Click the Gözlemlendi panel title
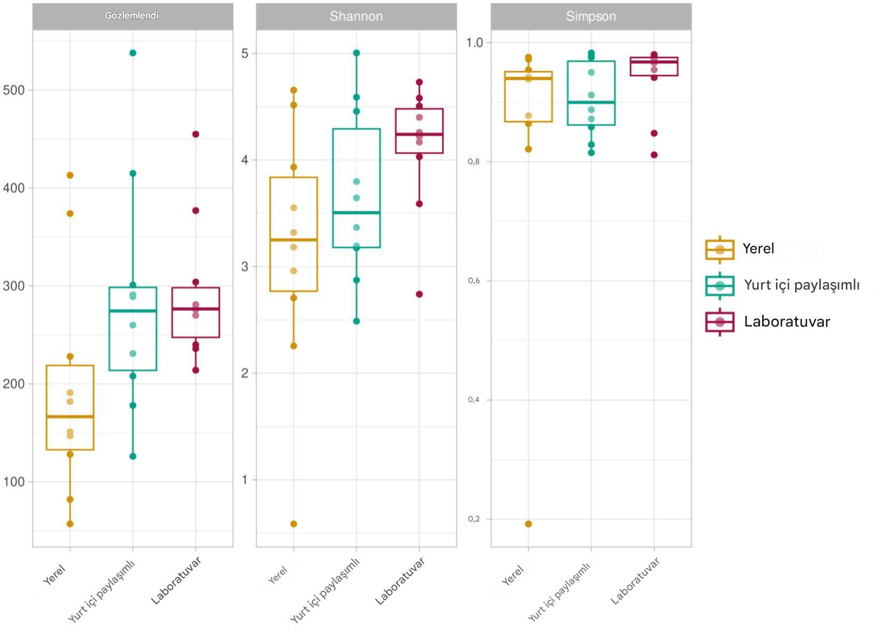(132, 15)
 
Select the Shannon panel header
(356, 16)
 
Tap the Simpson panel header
(591, 16)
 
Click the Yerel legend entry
(758, 249)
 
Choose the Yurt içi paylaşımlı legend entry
(801, 285)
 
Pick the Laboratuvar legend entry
(787, 322)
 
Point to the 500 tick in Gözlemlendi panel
(14, 90)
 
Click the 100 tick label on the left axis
(14, 482)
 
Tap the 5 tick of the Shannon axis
(245, 53)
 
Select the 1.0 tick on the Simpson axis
(474, 43)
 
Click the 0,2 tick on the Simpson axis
(473, 519)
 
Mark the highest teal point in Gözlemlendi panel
(133, 53)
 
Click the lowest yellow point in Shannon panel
(294, 524)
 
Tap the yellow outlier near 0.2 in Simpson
(528, 524)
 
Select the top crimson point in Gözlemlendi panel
(196, 134)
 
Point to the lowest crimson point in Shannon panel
(419, 294)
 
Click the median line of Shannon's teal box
(356, 213)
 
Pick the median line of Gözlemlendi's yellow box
(70, 417)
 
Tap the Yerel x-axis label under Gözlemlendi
(54, 574)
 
